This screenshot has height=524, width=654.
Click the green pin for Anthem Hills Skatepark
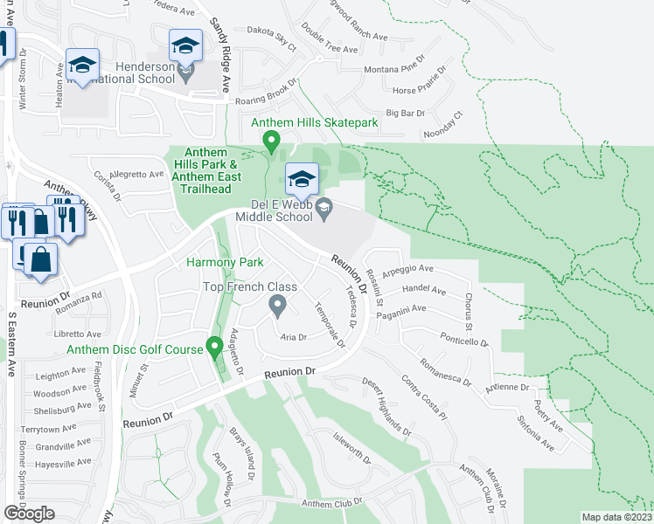[x=271, y=141]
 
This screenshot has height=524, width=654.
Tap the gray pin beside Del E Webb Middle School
[x=324, y=207]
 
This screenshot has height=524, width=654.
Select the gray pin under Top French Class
[x=278, y=306]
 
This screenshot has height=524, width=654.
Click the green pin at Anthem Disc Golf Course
[x=212, y=348]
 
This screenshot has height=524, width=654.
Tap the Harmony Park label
[x=225, y=262]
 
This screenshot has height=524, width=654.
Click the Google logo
[x=29, y=514]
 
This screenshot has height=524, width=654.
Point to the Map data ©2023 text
[x=616, y=517]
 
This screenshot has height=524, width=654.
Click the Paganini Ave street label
[x=400, y=308]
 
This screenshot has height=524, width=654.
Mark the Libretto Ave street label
[x=78, y=334]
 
